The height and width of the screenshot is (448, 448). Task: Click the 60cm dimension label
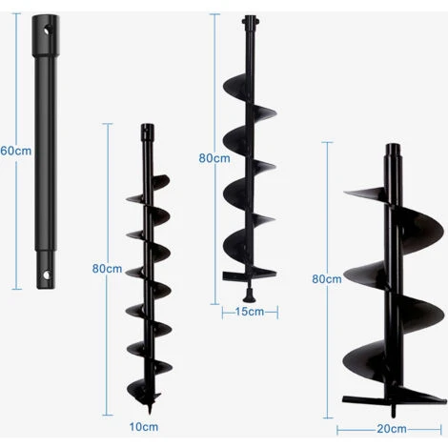tap(16, 151)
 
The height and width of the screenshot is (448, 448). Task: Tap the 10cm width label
tap(144, 427)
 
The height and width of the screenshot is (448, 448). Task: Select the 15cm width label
tap(250, 312)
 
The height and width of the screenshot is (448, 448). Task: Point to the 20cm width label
tap(392, 429)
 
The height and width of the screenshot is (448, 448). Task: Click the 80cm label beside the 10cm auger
tap(107, 269)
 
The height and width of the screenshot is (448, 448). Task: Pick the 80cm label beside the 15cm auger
tap(214, 158)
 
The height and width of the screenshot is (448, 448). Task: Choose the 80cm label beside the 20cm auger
tap(327, 279)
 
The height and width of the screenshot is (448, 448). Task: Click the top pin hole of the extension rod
tap(47, 31)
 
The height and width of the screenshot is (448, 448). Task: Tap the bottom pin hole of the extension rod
tap(47, 275)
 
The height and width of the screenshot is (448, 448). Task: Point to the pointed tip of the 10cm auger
tap(150, 412)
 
